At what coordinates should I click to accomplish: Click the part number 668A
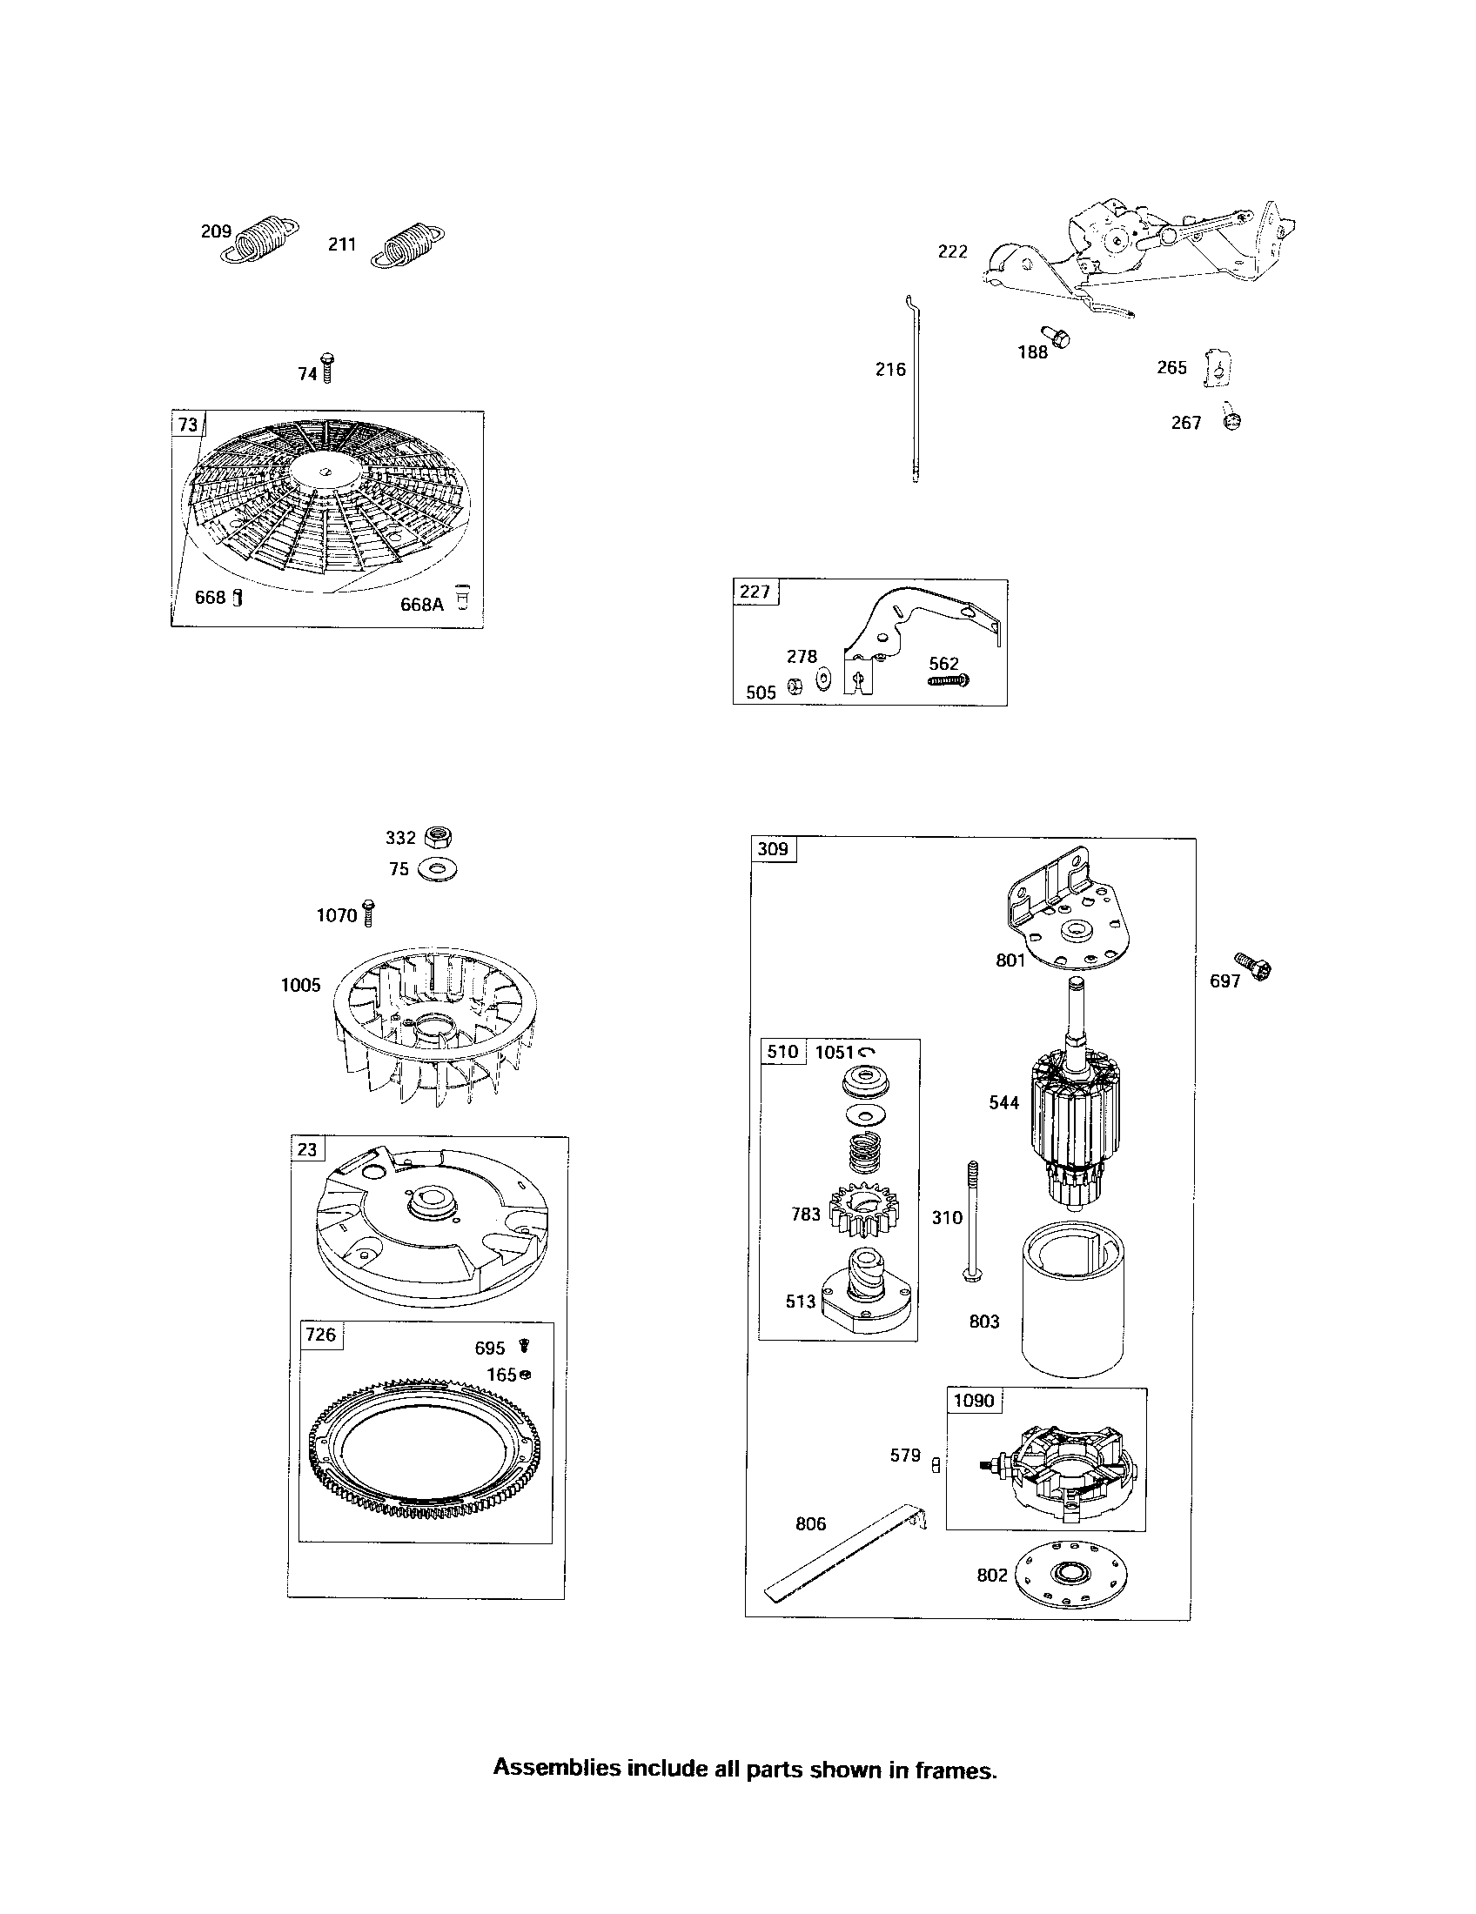tap(421, 604)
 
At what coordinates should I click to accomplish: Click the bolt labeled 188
tap(1057, 336)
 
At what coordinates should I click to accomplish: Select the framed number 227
tap(755, 592)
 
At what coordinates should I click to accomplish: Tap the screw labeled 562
tap(950, 679)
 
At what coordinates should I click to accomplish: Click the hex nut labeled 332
tap(438, 837)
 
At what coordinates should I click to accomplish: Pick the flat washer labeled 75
tap(438, 870)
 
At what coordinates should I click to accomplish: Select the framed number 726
tap(320, 1334)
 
